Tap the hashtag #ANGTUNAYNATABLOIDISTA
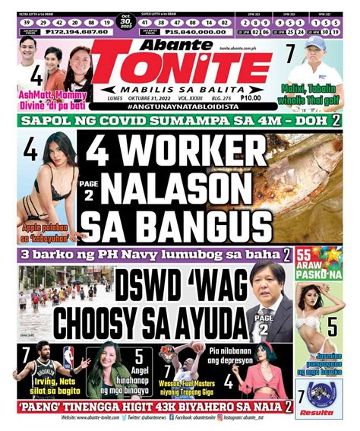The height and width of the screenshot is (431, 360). coord(181,108)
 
